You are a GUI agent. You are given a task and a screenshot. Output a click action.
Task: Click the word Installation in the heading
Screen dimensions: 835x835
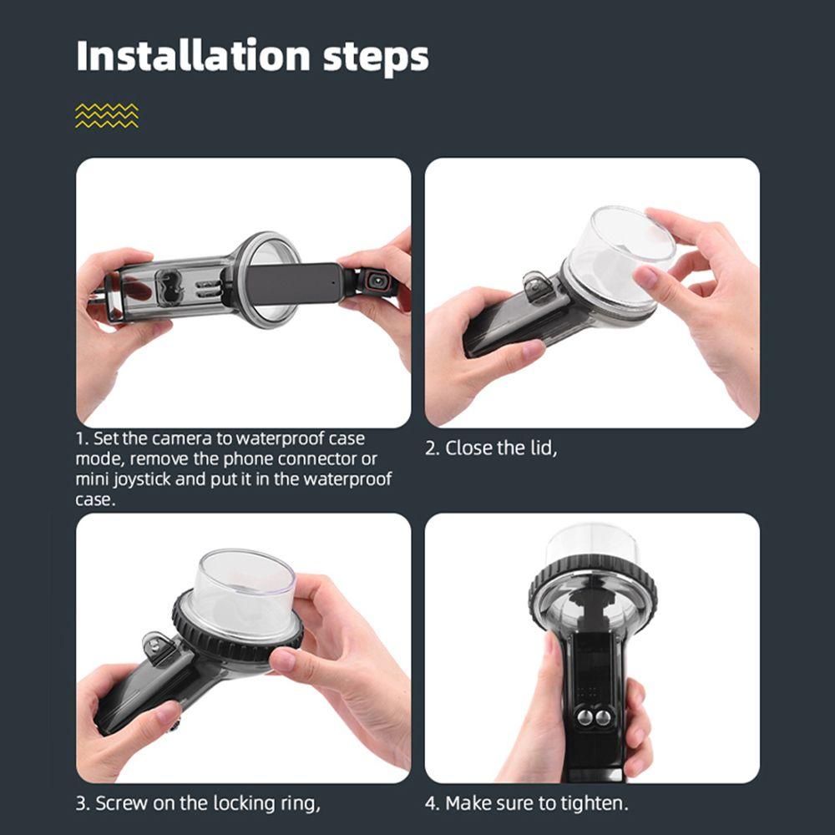click(194, 55)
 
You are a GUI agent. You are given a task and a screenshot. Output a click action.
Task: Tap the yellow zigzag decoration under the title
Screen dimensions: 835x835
click(107, 115)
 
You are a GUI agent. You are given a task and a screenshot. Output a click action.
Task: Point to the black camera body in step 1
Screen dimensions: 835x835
click(294, 283)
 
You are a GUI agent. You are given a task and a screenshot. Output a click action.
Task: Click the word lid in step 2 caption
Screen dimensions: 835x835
click(544, 448)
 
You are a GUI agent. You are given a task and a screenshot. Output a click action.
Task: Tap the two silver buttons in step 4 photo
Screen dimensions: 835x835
click(593, 716)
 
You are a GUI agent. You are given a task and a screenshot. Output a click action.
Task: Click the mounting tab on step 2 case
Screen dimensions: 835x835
click(535, 287)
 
